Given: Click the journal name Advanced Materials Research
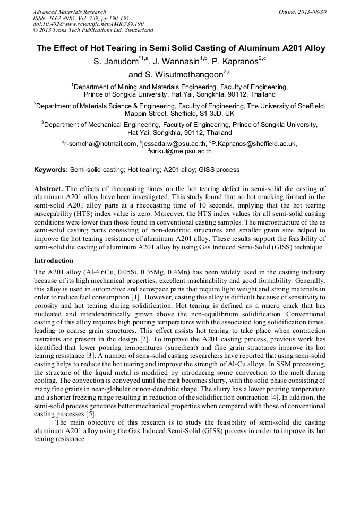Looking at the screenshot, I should (x=69, y=12).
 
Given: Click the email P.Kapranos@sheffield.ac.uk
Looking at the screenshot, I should (x=254, y=143).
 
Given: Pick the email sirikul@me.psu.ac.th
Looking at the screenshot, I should (x=181, y=151).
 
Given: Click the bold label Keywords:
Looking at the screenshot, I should (x=51, y=170).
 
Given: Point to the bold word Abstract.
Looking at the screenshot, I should (x=49, y=189).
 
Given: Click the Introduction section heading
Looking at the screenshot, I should (x=54, y=261).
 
